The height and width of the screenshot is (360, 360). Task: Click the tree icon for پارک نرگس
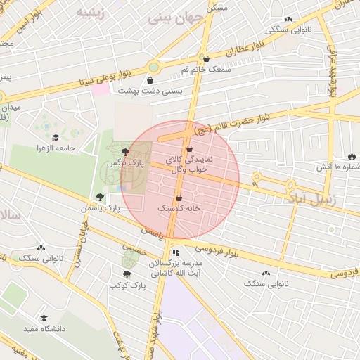[125, 151]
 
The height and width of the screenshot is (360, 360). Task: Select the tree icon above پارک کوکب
[127, 274]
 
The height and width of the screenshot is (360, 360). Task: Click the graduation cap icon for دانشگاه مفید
[44, 318]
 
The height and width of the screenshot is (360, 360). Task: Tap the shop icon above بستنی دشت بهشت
[150, 80]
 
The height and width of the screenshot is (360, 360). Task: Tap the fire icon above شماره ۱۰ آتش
[351, 156]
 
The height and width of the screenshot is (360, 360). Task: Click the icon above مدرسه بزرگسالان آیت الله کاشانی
[176, 252]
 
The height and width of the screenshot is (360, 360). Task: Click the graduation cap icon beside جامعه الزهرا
[56, 136]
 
